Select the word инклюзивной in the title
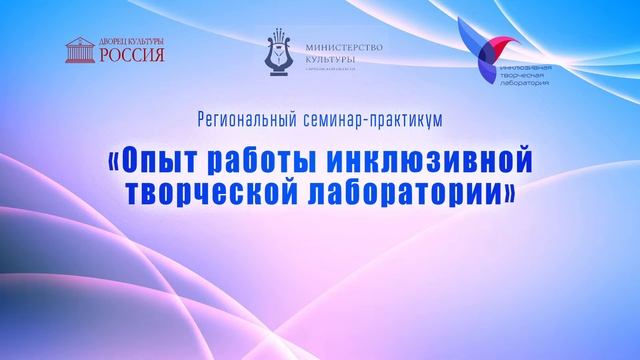(427, 159)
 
